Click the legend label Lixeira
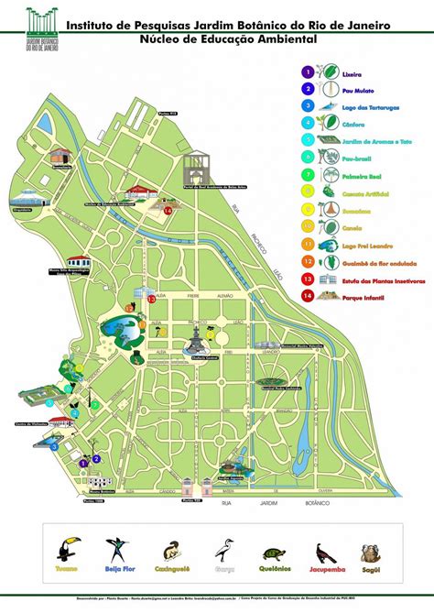(352, 72)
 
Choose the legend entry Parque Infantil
(359, 296)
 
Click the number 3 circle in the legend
(309, 106)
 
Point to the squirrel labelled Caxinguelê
(170, 552)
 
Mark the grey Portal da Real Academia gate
(200, 170)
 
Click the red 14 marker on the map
(168, 209)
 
